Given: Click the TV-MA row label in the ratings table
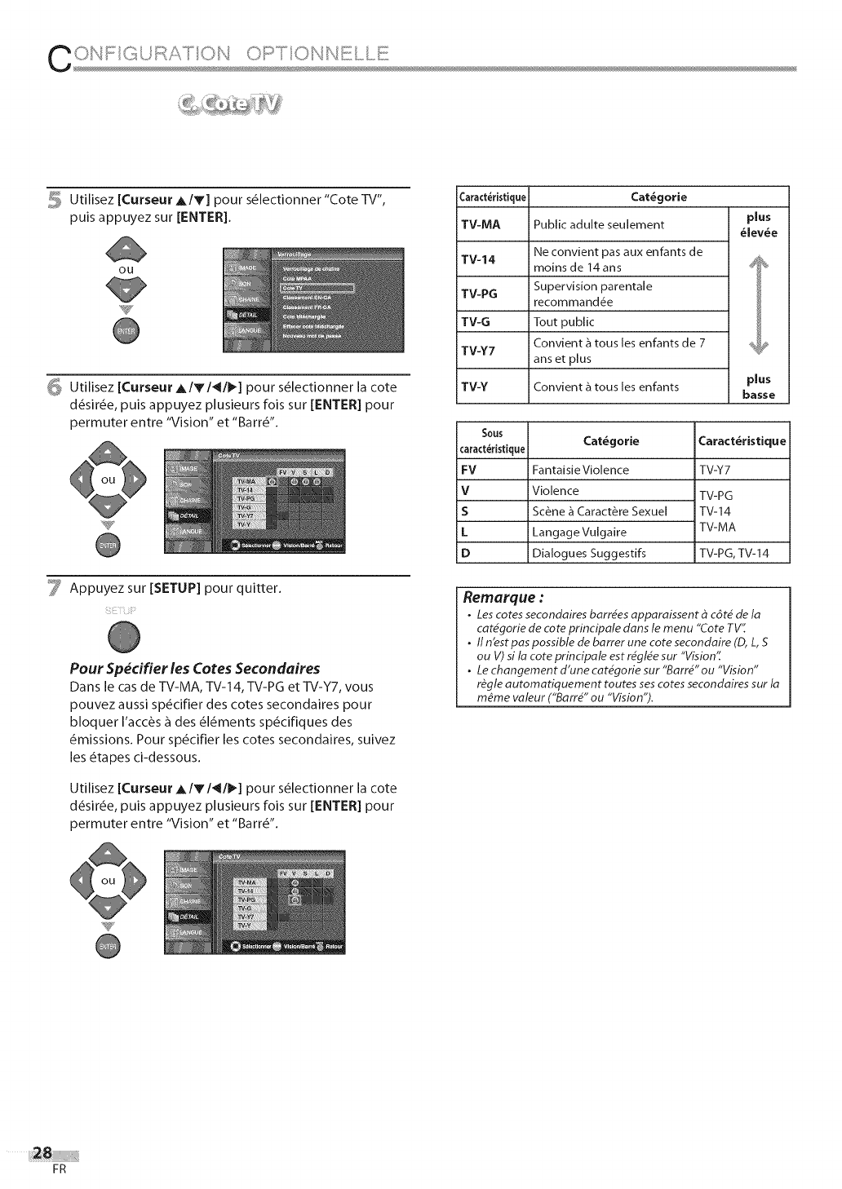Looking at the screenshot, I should (x=481, y=224).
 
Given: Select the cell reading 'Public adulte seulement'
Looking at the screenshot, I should (x=598, y=224).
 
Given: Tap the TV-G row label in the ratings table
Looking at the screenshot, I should (x=475, y=321).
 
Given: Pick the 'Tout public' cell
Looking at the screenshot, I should (x=564, y=321).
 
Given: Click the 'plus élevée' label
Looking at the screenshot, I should (x=758, y=224).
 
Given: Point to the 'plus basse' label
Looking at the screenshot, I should (x=758, y=387).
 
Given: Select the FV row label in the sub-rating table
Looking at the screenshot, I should (x=468, y=470).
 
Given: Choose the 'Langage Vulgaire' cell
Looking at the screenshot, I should (x=579, y=533).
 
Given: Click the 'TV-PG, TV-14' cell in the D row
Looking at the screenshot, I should (x=733, y=554).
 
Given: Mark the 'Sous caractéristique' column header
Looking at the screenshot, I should (x=492, y=441).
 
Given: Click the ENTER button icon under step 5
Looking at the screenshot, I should (x=126, y=331).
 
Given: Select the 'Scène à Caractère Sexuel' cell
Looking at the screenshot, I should (x=600, y=511).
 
